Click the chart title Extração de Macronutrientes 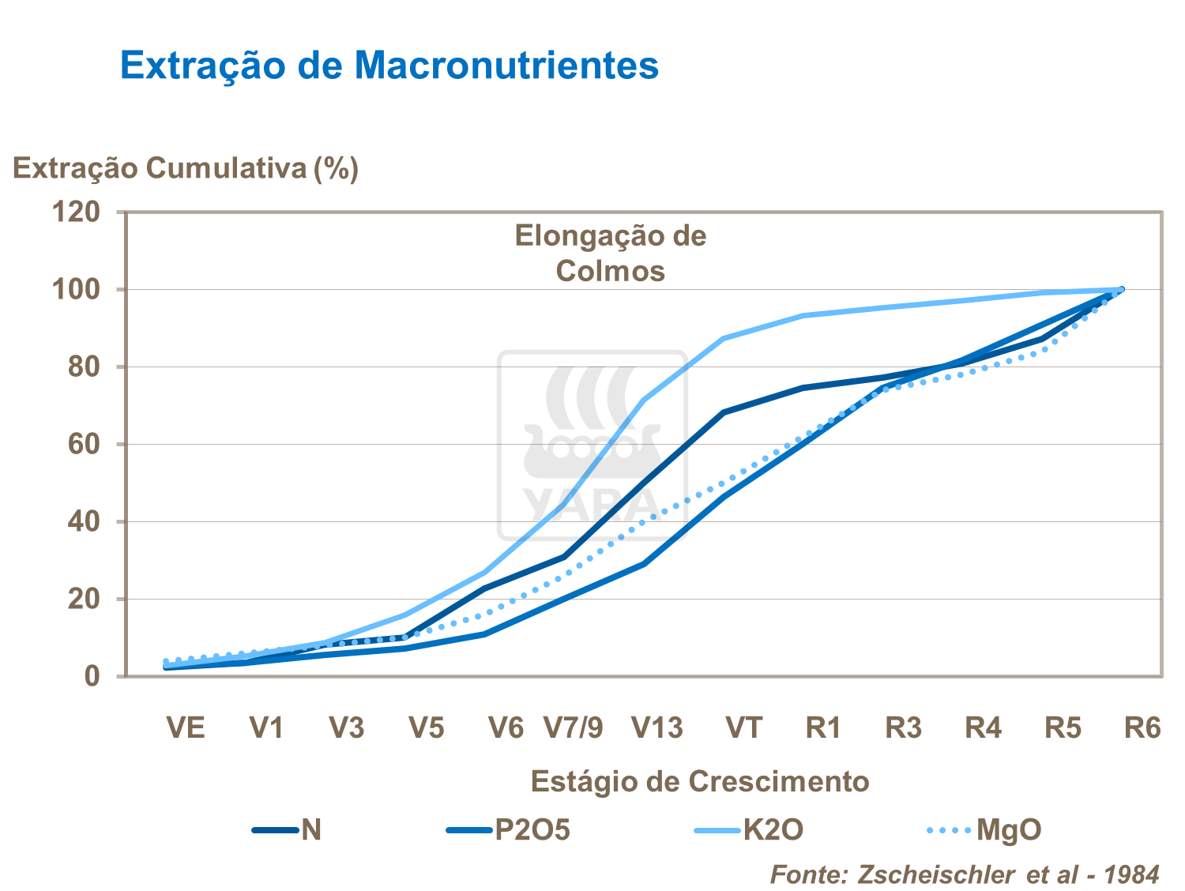(389, 65)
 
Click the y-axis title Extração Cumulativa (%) (186, 168)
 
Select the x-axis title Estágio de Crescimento (699, 781)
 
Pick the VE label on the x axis (186, 727)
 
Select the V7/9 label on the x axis (574, 727)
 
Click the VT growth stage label (743, 727)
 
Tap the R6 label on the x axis (1142, 727)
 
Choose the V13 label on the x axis (657, 727)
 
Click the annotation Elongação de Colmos (610, 253)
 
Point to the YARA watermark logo (592, 446)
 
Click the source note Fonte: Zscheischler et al (964, 874)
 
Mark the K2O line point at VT (723, 338)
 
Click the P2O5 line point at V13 (644, 564)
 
